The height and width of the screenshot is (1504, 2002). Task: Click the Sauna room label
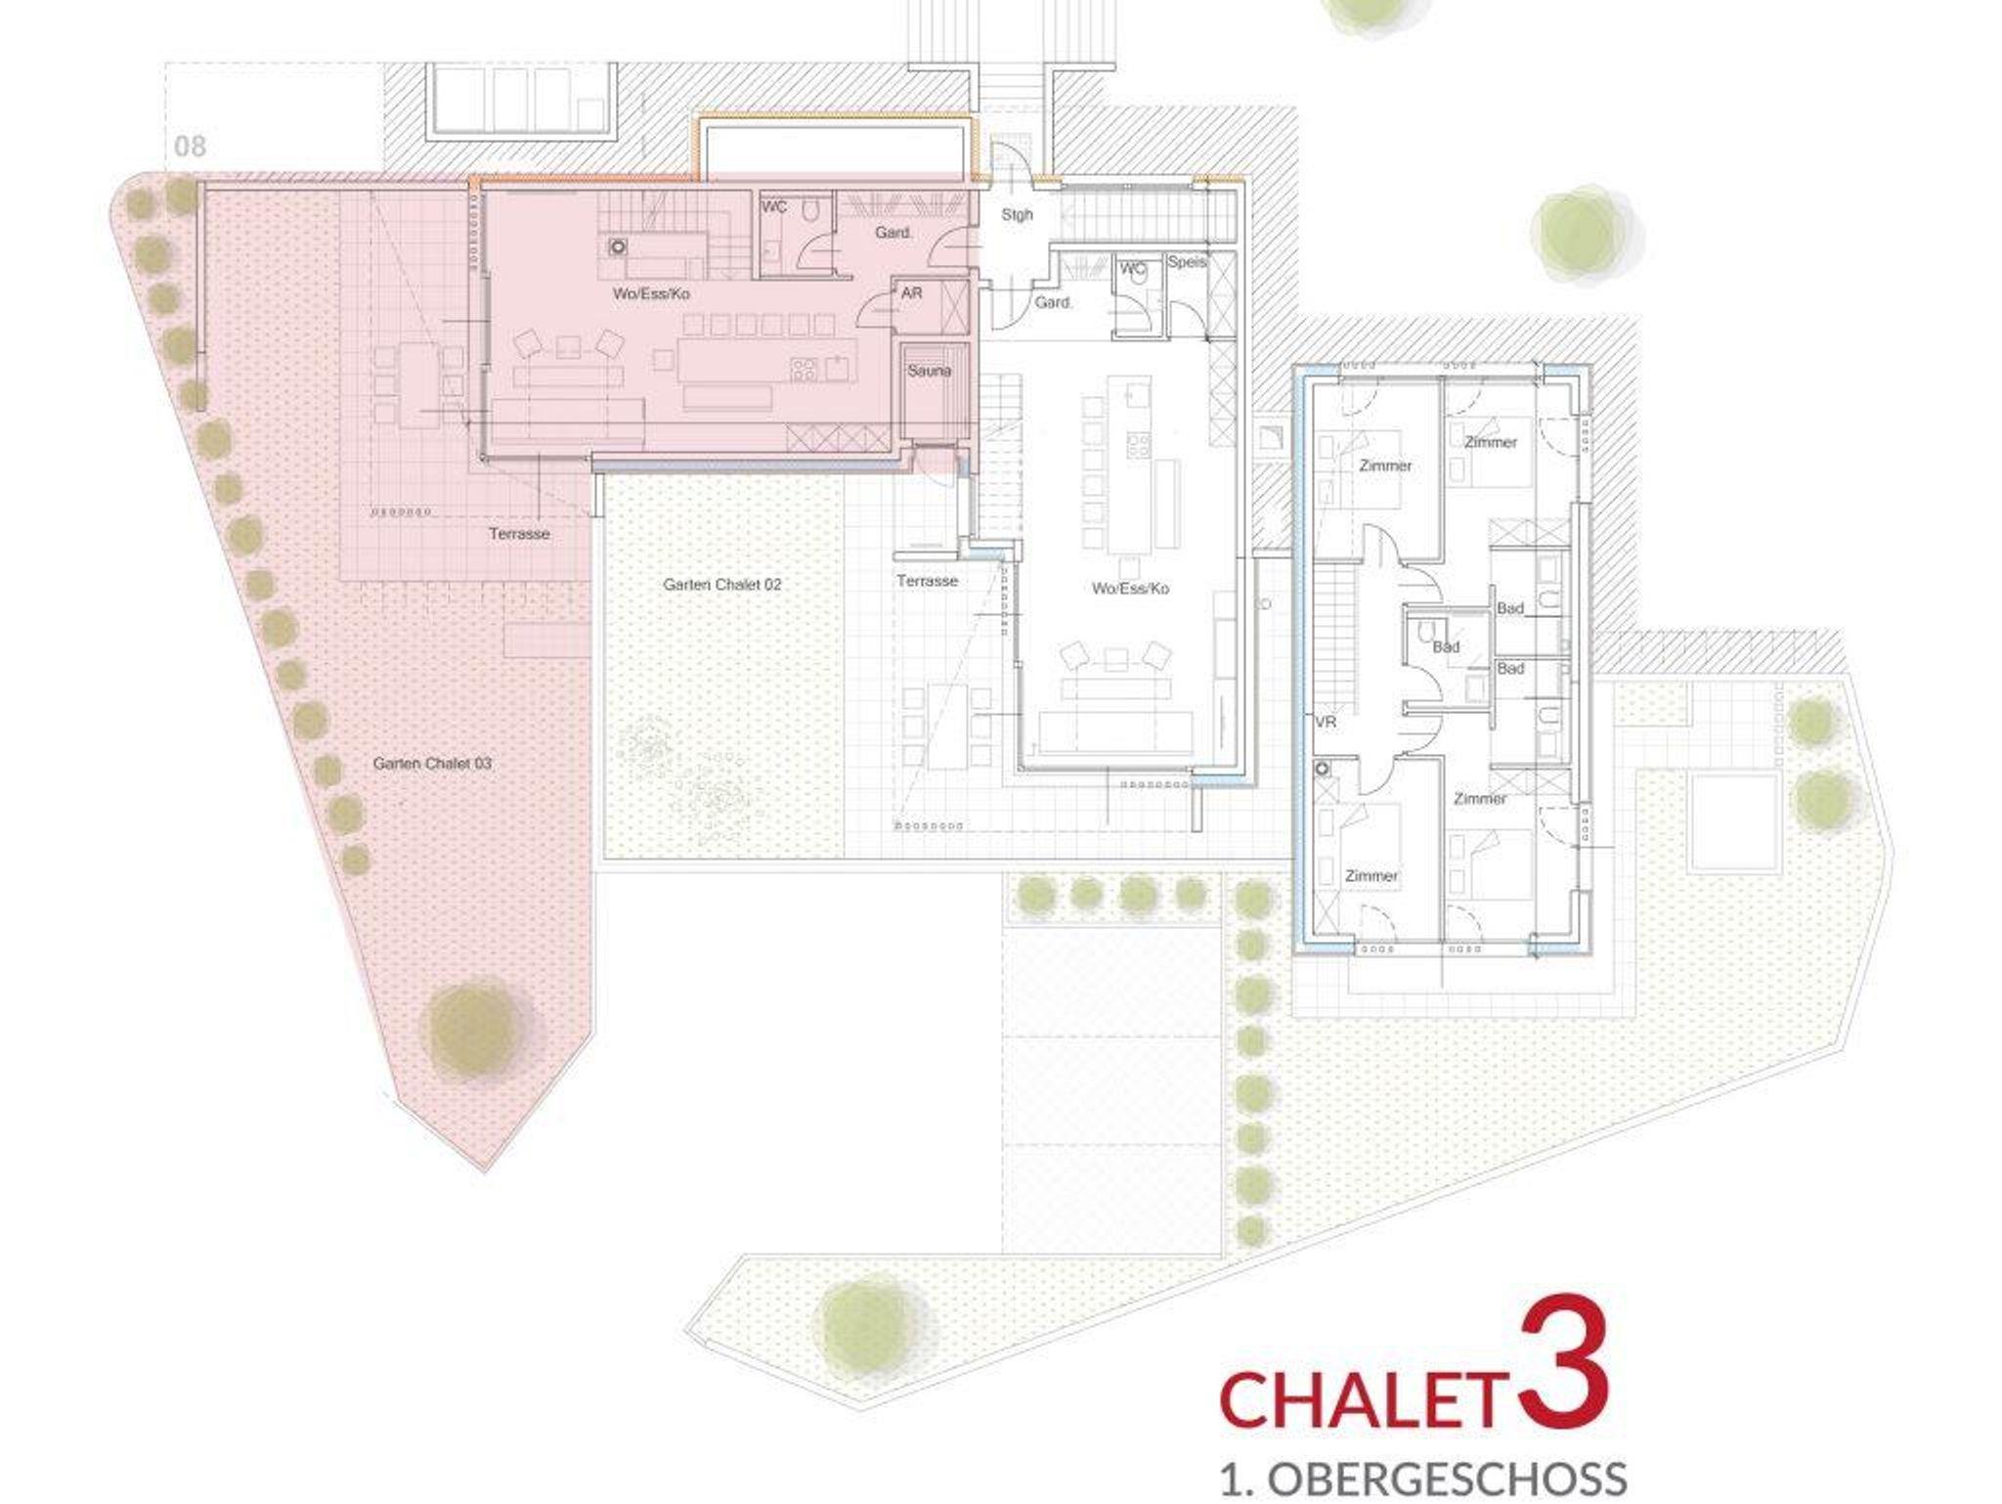929,371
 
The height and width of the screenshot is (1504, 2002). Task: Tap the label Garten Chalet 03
432,763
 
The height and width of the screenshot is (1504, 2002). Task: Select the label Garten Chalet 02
722,585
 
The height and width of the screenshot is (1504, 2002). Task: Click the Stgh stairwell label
1017,214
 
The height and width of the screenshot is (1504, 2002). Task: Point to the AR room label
911,292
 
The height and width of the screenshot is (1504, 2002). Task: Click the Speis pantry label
1188,262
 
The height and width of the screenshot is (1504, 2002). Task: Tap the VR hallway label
1326,723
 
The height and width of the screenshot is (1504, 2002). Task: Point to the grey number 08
191,147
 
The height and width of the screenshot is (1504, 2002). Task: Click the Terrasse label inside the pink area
520,534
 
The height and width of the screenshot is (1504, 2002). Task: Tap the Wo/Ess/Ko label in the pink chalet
652,293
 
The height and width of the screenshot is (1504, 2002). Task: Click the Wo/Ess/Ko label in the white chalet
1131,589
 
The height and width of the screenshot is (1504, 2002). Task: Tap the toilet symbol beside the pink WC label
811,211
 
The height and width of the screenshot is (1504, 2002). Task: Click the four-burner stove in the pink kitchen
804,369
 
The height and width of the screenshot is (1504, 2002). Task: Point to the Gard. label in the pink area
893,233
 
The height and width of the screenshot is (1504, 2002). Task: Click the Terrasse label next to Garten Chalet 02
928,581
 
